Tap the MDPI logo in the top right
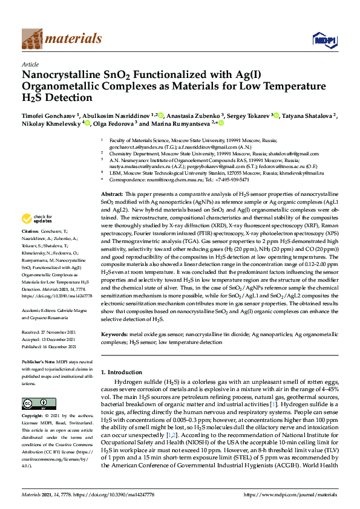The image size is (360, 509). click(x=324, y=40)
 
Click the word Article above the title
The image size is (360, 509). click(x=30, y=63)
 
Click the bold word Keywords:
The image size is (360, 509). click(x=114, y=334)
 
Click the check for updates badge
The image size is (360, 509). click(x=37, y=219)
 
